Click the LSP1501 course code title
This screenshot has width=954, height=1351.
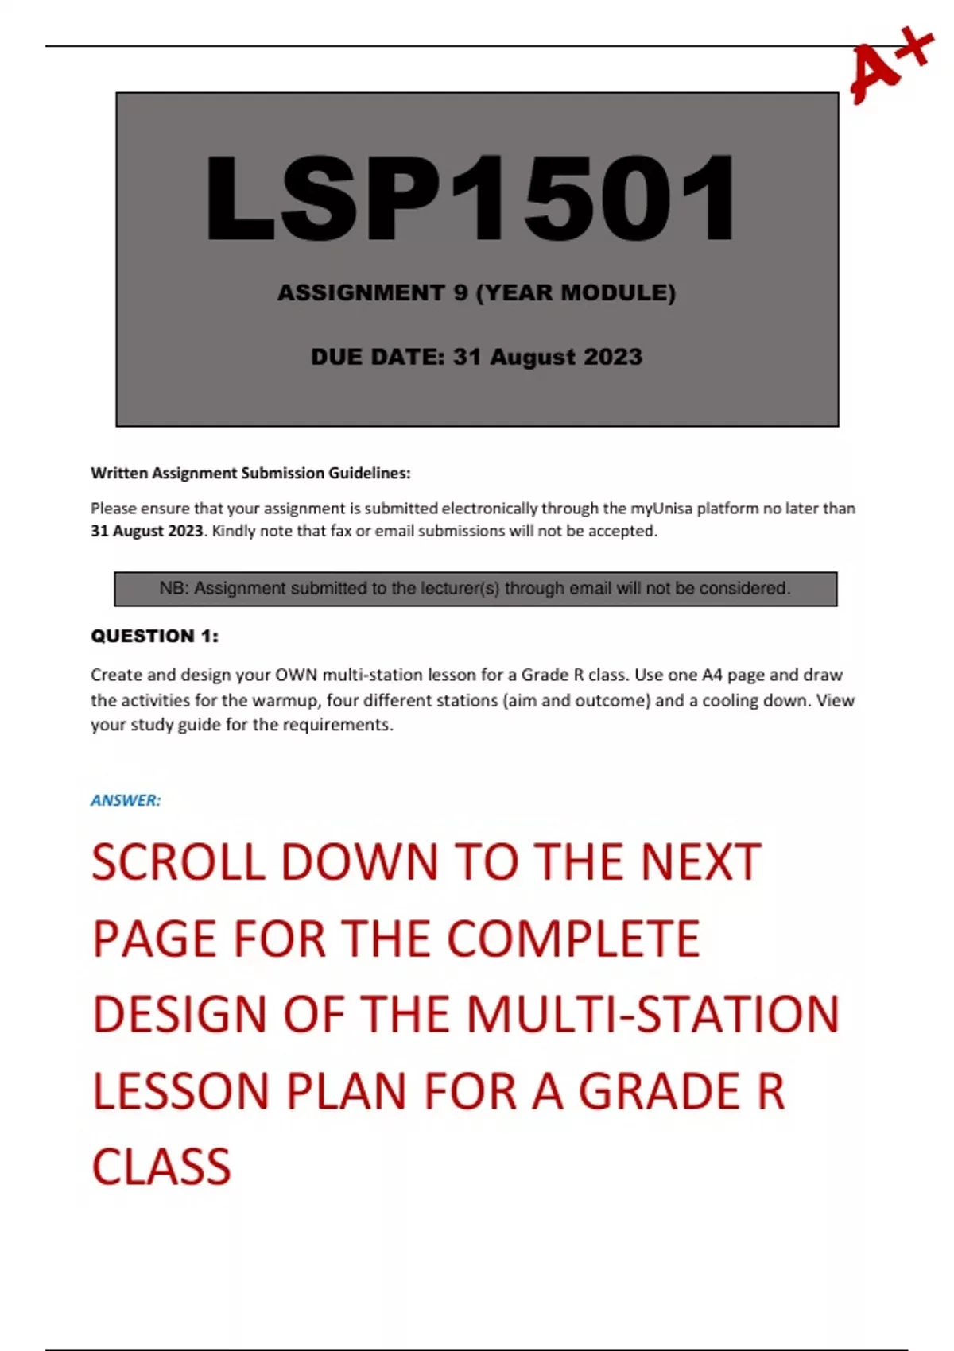(x=471, y=198)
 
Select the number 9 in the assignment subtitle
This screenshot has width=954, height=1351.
(x=460, y=293)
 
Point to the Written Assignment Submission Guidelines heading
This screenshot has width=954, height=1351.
(x=250, y=474)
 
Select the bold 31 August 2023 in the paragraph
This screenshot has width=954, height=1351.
(x=147, y=531)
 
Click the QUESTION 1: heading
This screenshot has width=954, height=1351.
(x=154, y=637)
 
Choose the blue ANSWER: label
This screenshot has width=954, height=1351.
(x=126, y=801)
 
